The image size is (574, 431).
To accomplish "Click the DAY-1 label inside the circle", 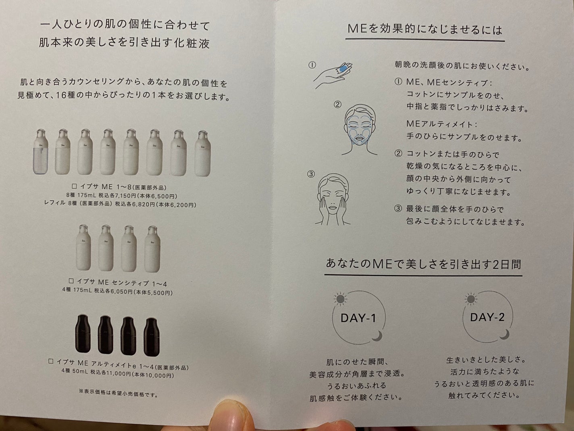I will pyautogui.click(x=358, y=318).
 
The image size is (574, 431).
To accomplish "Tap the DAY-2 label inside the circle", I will pyautogui.click(x=487, y=317).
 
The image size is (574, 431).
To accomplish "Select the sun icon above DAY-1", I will pyautogui.click(x=340, y=299).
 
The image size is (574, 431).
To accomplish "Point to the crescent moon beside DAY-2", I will pyautogui.click(x=504, y=334).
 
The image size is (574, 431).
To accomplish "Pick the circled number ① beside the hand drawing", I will pyautogui.click(x=312, y=65).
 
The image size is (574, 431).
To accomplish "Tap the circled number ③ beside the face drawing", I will pyautogui.click(x=311, y=174).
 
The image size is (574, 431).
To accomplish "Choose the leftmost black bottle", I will pyautogui.click(x=83, y=335).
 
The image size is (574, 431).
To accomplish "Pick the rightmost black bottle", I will pyautogui.click(x=152, y=336).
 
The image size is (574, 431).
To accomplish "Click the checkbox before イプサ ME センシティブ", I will pyautogui.click(x=71, y=281).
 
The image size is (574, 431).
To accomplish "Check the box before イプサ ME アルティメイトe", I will pyautogui.click(x=51, y=362).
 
